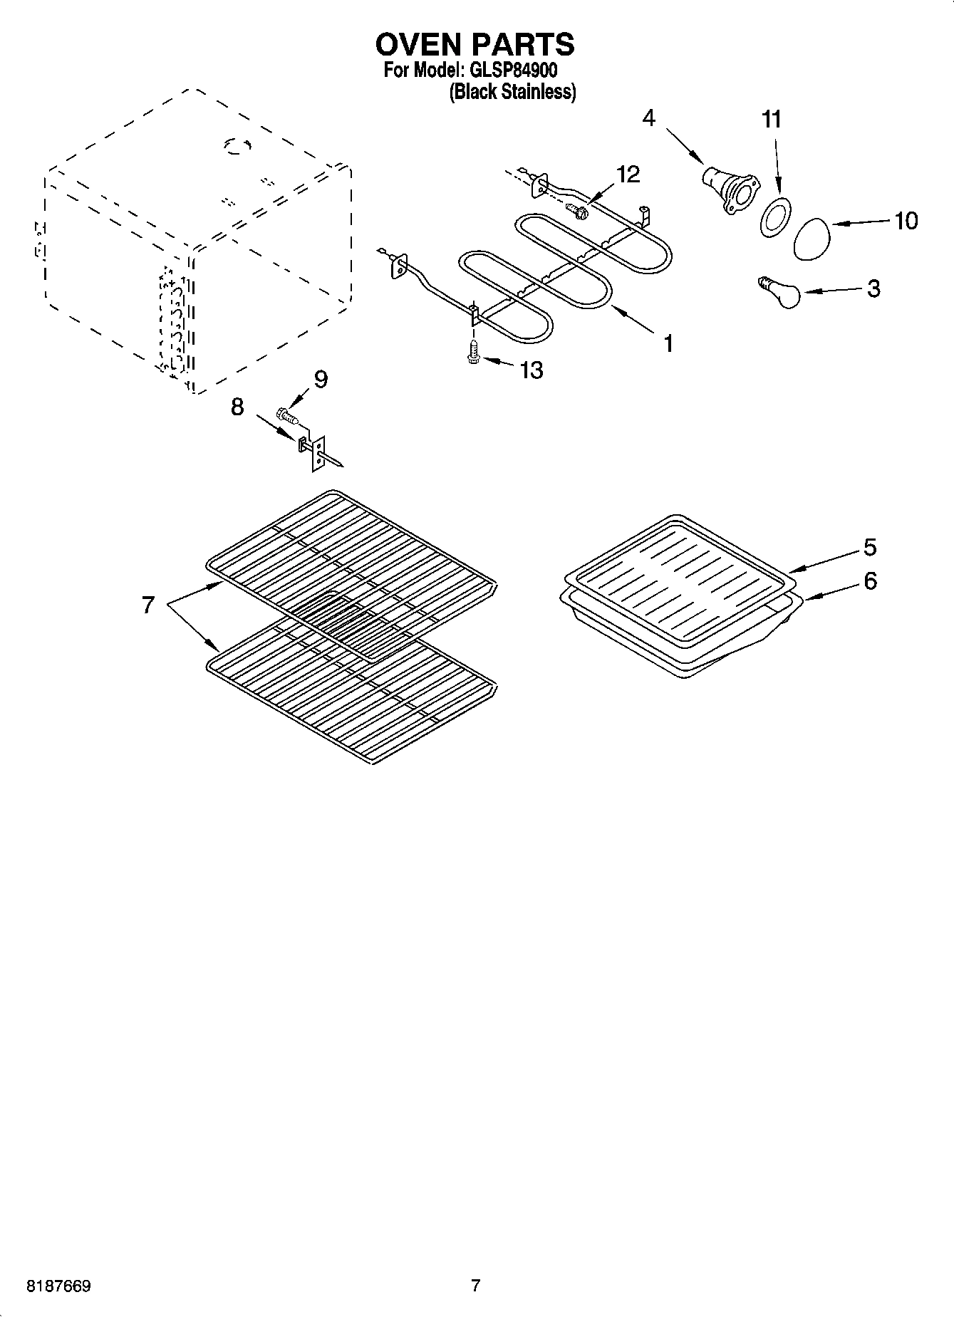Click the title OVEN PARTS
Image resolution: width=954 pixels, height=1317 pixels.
coord(475,44)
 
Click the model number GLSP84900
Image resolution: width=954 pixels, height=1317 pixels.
coord(512,71)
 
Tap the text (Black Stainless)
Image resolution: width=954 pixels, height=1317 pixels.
coord(512,92)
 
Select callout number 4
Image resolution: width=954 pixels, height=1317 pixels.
coord(648,118)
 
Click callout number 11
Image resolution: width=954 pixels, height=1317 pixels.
coord(772,120)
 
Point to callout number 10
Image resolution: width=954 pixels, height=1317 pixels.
coord(906,221)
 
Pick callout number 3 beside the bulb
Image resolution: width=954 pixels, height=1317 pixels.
coord(873,288)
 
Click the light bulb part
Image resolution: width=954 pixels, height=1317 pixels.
coord(779,293)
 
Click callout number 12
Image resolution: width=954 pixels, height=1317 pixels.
coord(628,175)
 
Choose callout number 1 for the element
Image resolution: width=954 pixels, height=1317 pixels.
coord(668,343)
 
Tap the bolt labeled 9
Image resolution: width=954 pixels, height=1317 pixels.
coord(286,414)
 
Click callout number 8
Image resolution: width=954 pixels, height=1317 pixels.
coord(237,407)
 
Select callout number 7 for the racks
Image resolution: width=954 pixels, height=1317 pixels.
coord(147,605)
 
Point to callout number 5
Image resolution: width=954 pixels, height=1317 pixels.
coord(869,547)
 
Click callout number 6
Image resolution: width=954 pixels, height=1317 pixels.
coord(869,581)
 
